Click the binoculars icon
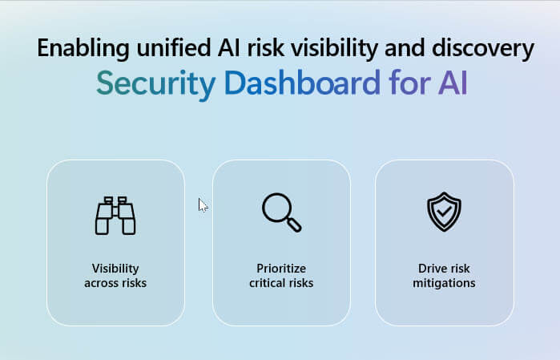115,216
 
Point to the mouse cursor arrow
202,205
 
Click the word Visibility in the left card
115,269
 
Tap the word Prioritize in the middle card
281,269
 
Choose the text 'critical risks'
281,283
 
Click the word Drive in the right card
432,269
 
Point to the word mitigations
444,283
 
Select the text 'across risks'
115,283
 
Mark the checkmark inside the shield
444,212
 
